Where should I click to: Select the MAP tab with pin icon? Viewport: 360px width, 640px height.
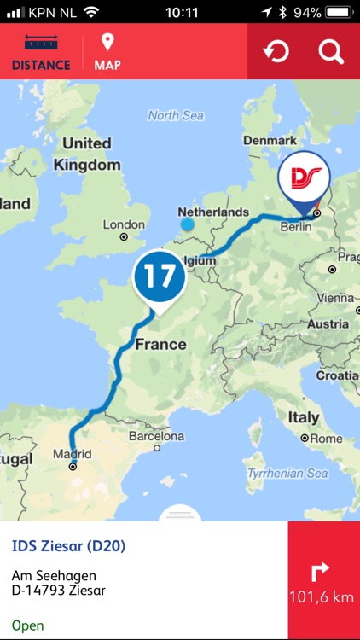click(107, 52)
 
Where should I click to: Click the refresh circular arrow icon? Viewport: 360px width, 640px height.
click(276, 52)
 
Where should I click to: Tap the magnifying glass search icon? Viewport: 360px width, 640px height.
click(331, 52)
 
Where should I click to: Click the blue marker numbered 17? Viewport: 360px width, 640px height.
click(159, 276)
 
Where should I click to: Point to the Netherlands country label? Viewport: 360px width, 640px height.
click(213, 212)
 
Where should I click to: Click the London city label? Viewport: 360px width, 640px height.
click(124, 224)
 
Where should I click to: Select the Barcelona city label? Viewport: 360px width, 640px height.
click(156, 436)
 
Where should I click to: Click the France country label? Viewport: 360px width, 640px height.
click(160, 344)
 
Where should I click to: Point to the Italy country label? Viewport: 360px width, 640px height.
click(303, 417)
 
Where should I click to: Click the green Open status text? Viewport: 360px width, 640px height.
click(27, 625)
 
